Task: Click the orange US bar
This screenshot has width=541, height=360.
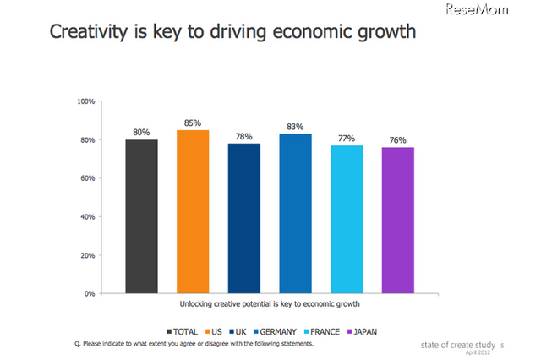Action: coord(193,211)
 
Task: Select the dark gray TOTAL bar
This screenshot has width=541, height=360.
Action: coord(141,216)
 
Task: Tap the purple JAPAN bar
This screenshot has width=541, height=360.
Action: coord(398,221)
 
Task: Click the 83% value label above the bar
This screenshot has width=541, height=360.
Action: coord(295,127)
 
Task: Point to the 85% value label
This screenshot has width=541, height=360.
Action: coord(193,123)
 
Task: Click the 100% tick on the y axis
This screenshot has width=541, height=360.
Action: coord(85,101)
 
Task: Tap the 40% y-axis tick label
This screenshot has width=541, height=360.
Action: coord(87,216)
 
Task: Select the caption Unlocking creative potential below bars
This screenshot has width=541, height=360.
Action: coord(270,303)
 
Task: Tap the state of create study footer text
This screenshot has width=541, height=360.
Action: coord(459,345)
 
